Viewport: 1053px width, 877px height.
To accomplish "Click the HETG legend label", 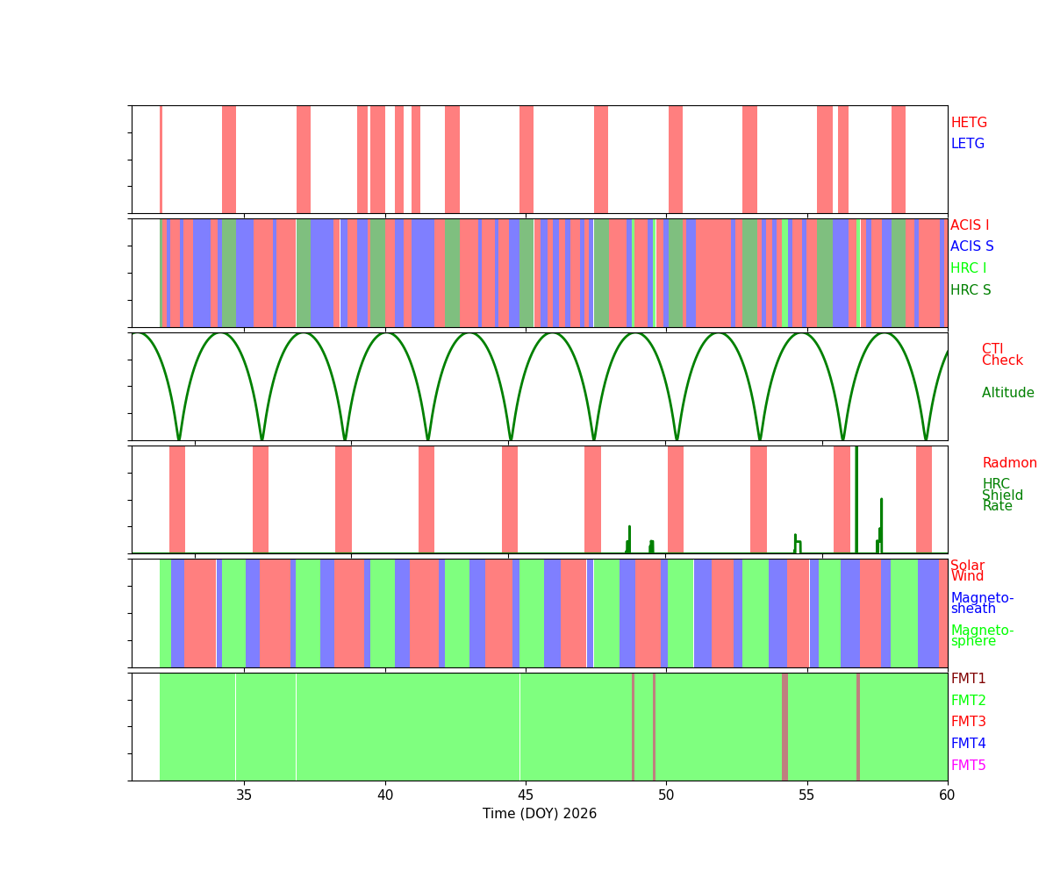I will click(969, 123).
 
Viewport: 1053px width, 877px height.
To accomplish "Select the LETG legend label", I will click(968, 144).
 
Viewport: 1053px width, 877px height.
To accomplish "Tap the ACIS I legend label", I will click(970, 225).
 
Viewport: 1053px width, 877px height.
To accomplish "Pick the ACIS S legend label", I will click(971, 246).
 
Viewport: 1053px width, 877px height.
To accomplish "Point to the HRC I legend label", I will click(968, 268).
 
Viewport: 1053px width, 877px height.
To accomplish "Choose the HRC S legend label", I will click(970, 290).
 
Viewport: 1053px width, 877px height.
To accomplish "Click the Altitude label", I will click(1007, 393).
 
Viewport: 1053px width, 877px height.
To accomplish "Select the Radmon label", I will click(1009, 463).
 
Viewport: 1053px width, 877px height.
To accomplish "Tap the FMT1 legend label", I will click(968, 679).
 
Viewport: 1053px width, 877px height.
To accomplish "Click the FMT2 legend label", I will click(968, 701).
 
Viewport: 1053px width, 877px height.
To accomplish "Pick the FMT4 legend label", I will click(968, 744).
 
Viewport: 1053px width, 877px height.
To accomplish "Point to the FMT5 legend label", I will click(968, 766).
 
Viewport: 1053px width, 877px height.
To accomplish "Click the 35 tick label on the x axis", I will click(244, 795).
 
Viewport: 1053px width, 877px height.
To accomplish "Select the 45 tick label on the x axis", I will click(526, 795).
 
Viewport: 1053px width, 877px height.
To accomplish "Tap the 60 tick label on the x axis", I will click(947, 795).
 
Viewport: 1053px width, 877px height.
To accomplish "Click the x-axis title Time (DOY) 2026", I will click(540, 814).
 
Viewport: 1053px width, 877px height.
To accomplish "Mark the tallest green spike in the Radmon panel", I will click(856, 491).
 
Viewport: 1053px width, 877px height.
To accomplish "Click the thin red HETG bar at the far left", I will click(161, 159).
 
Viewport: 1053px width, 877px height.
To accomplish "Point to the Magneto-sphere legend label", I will click(982, 636).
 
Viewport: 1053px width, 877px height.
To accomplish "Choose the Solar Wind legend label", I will click(967, 571).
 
